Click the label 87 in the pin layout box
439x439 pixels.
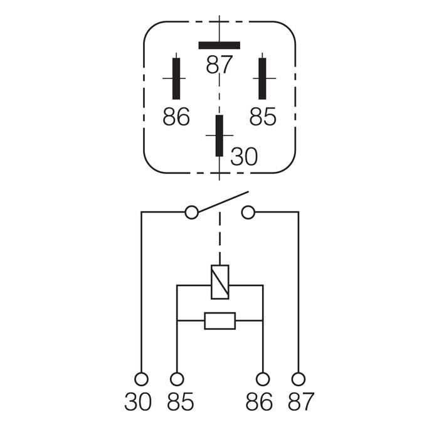219,64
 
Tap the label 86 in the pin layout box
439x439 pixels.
176,117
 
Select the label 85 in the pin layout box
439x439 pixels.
263,117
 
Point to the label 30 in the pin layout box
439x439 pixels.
244,157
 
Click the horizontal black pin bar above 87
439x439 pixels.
219,45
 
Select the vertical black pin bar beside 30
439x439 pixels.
219,135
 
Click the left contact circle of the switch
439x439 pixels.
192,213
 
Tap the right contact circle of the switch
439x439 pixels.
248,213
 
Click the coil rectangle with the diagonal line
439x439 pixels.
219,281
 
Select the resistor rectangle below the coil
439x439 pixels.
219,321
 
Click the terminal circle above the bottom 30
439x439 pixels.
142,379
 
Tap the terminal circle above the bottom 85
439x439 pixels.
177,379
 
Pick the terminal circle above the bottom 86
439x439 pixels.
264,379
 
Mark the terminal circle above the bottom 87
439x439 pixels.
299,379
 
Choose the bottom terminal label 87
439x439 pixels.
300,401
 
